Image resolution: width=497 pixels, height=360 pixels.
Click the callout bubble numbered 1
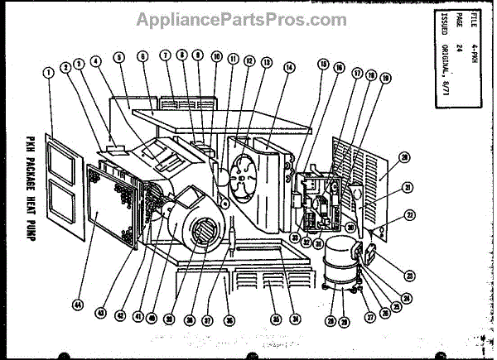pyautogui.click(x=49, y=72)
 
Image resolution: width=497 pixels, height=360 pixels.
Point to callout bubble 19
pyautogui.click(x=385, y=78)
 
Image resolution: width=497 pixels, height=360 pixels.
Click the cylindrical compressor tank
pyautogui.click(x=342, y=263)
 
